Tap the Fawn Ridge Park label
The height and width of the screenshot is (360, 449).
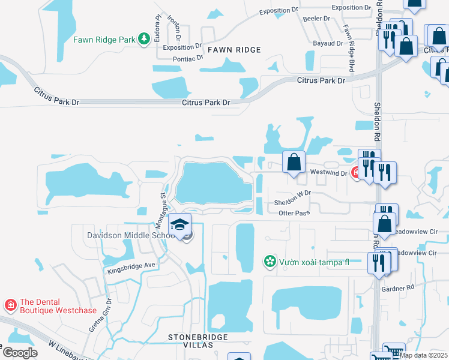point(104,40)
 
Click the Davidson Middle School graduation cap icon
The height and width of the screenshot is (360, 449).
point(179,224)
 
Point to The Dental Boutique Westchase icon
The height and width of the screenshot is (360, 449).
point(10,305)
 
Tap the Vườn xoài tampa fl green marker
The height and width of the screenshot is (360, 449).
point(270,262)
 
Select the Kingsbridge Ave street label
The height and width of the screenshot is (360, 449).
point(131,268)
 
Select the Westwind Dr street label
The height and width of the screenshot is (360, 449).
point(328,173)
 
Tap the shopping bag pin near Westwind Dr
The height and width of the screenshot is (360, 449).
point(294,162)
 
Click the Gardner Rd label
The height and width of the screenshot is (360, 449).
point(398,288)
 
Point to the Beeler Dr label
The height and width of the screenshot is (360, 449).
point(318,19)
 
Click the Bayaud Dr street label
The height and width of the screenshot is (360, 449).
point(328,43)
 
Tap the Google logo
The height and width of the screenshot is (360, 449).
point(20,353)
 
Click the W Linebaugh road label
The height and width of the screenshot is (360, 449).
point(67,350)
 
